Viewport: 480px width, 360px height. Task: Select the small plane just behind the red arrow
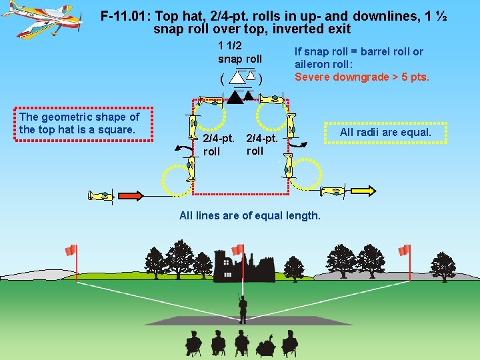(x=101, y=196)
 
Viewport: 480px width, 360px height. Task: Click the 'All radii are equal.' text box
(x=385, y=132)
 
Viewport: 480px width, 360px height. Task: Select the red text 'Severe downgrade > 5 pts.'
(x=361, y=77)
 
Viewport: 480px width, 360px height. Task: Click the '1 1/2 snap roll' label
(x=240, y=53)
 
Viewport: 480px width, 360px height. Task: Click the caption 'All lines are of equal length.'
(x=250, y=215)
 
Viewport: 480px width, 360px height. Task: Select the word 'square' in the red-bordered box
(x=115, y=129)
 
